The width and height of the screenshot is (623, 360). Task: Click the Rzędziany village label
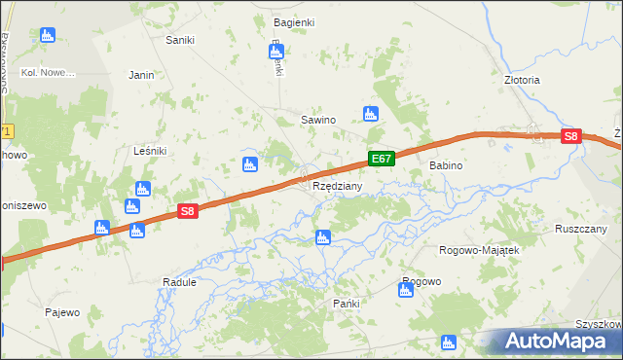(337, 186)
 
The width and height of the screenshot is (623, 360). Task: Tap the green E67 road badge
(381, 159)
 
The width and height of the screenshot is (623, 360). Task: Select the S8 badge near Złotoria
(571, 138)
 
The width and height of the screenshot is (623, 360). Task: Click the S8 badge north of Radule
(188, 210)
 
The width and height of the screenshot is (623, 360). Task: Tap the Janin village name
(142, 74)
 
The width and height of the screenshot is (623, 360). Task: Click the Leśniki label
(150, 151)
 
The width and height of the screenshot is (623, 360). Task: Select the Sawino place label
(317, 120)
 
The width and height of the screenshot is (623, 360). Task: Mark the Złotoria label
(522, 80)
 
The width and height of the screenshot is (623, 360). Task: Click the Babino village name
(446, 166)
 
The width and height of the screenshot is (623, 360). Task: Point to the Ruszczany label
(580, 229)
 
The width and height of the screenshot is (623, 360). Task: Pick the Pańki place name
(346, 304)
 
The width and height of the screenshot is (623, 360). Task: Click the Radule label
(179, 282)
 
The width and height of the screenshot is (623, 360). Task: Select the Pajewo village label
(61, 312)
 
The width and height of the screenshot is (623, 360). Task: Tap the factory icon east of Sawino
(370, 114)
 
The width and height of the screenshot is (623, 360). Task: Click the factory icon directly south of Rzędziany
(322, 237)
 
